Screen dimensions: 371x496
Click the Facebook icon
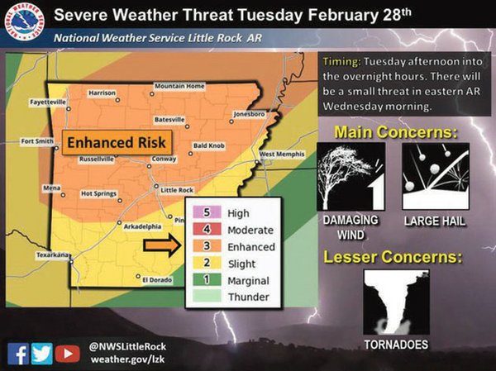(18, 353)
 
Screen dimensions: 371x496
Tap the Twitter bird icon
(42, 353)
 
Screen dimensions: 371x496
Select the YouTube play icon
(68, 353)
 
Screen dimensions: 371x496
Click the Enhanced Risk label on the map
(117, 142)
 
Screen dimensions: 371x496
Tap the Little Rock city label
(175, 189)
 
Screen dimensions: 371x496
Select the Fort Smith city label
(38, 140)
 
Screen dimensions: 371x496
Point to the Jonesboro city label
(250, 113)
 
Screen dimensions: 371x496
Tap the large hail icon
(436, 176)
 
